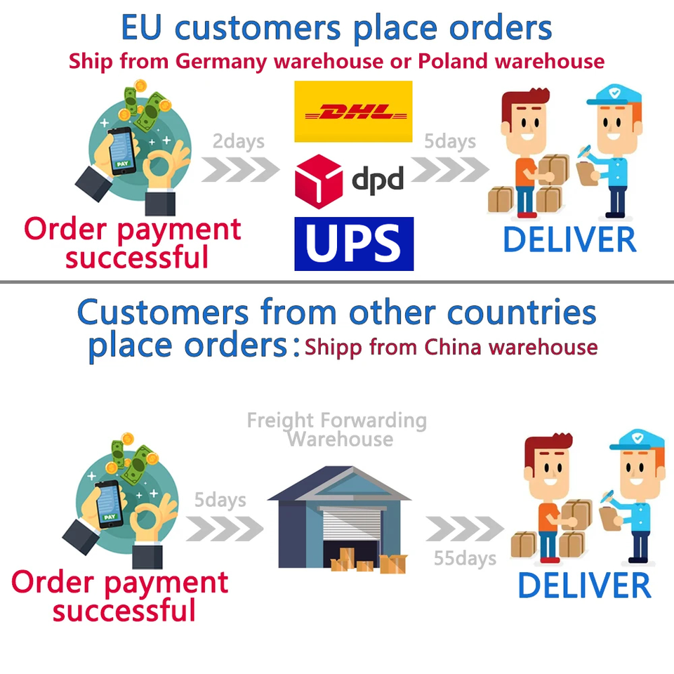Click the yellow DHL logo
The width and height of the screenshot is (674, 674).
pos(353,112)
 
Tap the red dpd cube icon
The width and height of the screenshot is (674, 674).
pos(319,182)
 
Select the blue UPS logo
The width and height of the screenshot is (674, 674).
pos(354,244)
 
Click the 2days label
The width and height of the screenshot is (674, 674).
pos(239,142)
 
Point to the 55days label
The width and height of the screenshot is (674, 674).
pos(465,558)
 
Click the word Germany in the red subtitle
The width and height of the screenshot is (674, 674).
pos(221,62)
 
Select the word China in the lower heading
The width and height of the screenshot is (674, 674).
pos(453,346)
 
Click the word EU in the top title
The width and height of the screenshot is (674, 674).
pos(142,28)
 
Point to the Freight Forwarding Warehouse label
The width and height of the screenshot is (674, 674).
pos(337,430)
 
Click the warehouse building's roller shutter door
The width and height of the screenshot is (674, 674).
pos(352,525)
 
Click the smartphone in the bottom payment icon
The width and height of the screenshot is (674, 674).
pos(110,504)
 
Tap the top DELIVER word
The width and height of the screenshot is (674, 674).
pos(569,240)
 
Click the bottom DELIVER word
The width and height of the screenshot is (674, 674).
pos(585,586)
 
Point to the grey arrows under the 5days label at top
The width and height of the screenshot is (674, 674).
pos(450,169)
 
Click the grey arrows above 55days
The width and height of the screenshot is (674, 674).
pos(465,529)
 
